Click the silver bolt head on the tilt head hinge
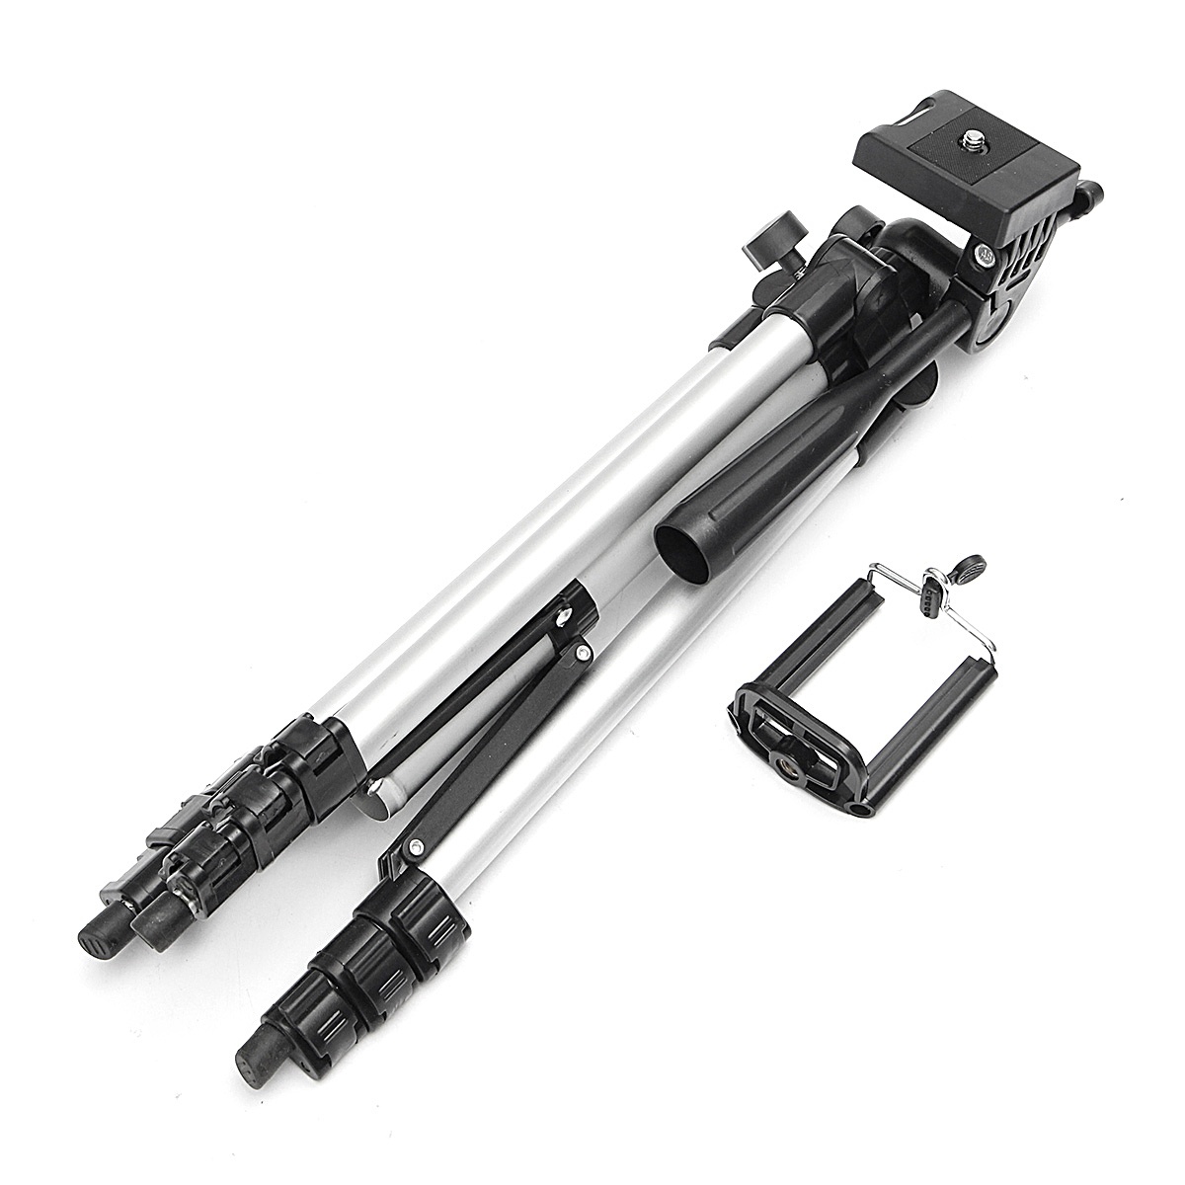coord(987,255)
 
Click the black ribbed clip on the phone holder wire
coord(927,594)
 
